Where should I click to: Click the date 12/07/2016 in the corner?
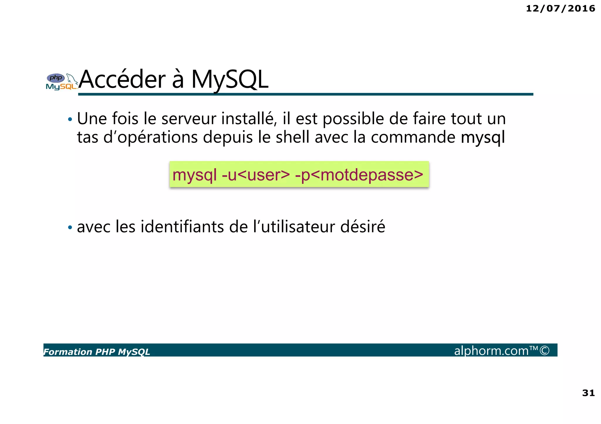click(560, 8)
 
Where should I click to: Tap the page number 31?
click(588, 393)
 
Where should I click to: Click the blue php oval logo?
click(56, 78)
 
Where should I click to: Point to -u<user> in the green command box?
click(256, 175)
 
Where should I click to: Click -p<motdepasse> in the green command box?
click(359, 175)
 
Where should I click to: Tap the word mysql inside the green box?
click(195, 175)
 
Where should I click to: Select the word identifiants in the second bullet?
click(182, 227)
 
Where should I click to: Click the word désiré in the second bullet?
click(362, 227)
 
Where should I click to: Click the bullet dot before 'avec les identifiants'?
click(70, 227)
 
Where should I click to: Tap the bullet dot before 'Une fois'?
click(70, 120)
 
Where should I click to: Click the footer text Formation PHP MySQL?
click(97, 352)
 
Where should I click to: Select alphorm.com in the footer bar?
click(491, 350)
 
